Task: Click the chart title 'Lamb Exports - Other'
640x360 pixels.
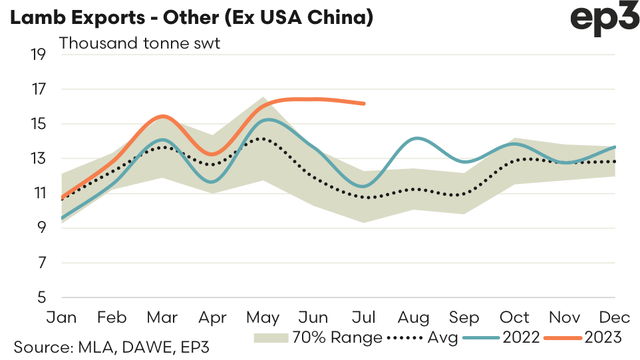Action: (191, 17)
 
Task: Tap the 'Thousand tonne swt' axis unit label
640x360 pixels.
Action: (140, 44)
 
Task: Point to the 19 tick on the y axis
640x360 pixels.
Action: (38, 55)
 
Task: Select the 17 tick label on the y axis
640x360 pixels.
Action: (38, 89)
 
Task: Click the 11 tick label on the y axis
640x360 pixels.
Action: (38, 194)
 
